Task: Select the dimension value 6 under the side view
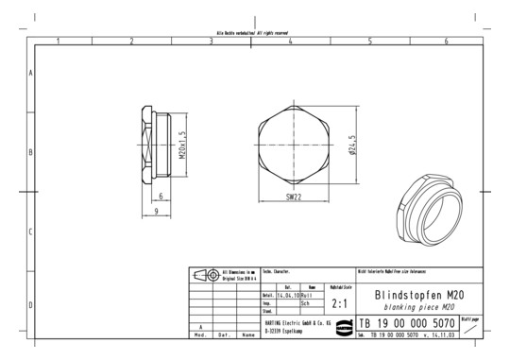point(161,196)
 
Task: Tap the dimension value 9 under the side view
point(155,213)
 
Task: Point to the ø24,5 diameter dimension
point(352,149)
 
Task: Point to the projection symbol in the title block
point(205,276)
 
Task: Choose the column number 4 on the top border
point(290,42)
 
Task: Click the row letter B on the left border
point(31,151)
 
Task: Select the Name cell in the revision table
point(247,334)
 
